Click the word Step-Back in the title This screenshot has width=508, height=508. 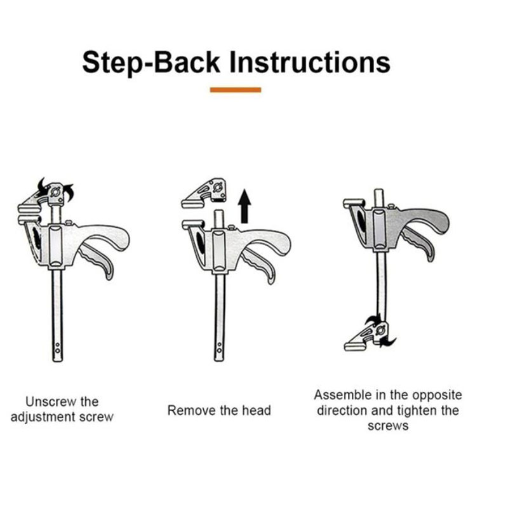(x=151, y=63)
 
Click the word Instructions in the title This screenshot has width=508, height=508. (x=310, y=62)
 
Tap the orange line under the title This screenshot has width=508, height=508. (x=236, y=90)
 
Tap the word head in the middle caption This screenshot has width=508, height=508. (x=257, y=410)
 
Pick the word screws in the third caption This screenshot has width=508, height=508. (x=388, y=426)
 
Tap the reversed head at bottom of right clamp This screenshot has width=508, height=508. (x=370, y=337)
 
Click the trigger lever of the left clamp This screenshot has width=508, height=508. (x=97, y=261)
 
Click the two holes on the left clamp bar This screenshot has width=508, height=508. (x=57, y=347)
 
